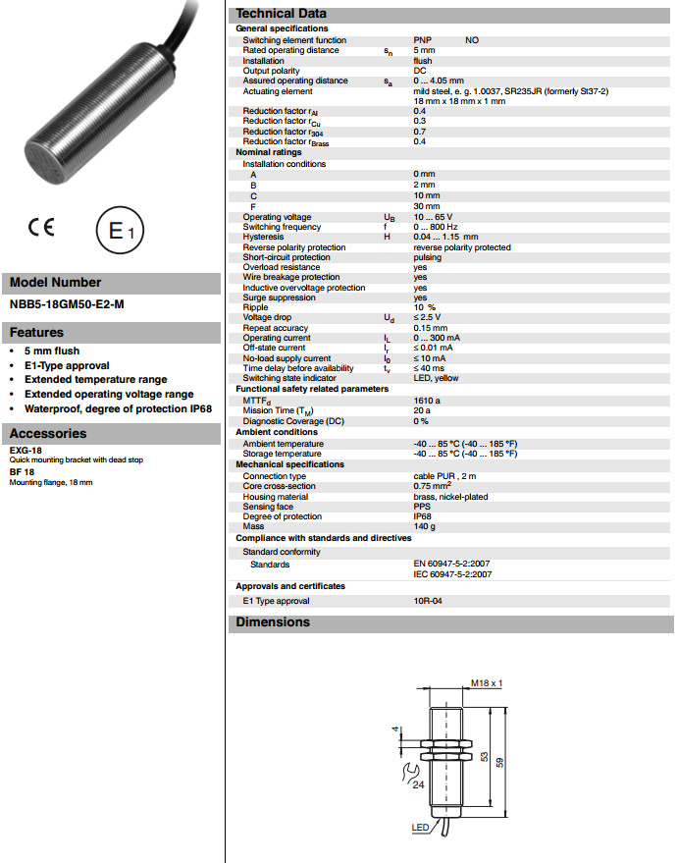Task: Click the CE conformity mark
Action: click(x=41, y=227)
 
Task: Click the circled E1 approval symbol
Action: click(x=120, y=233)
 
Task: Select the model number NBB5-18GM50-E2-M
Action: click(x=67, y=304)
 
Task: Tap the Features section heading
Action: click(x=37, y=333)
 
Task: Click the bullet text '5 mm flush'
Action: click(x=52, y=351)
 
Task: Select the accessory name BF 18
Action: click(x=22, y=472)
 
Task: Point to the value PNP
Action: click(x=423, y=40)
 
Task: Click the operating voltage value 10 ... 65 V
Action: click(x=433, y=217)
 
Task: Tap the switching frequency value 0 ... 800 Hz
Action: click(x=437, y=227)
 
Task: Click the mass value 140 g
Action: click(x=424, y=526)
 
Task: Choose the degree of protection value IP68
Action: click(x=423, y=516)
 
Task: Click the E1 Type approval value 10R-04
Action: click(x=428, y=601)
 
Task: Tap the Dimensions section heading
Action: click(x=273, y=622)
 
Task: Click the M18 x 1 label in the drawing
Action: click(x=487, y=682)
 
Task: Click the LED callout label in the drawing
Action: click(x=419, y=829)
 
